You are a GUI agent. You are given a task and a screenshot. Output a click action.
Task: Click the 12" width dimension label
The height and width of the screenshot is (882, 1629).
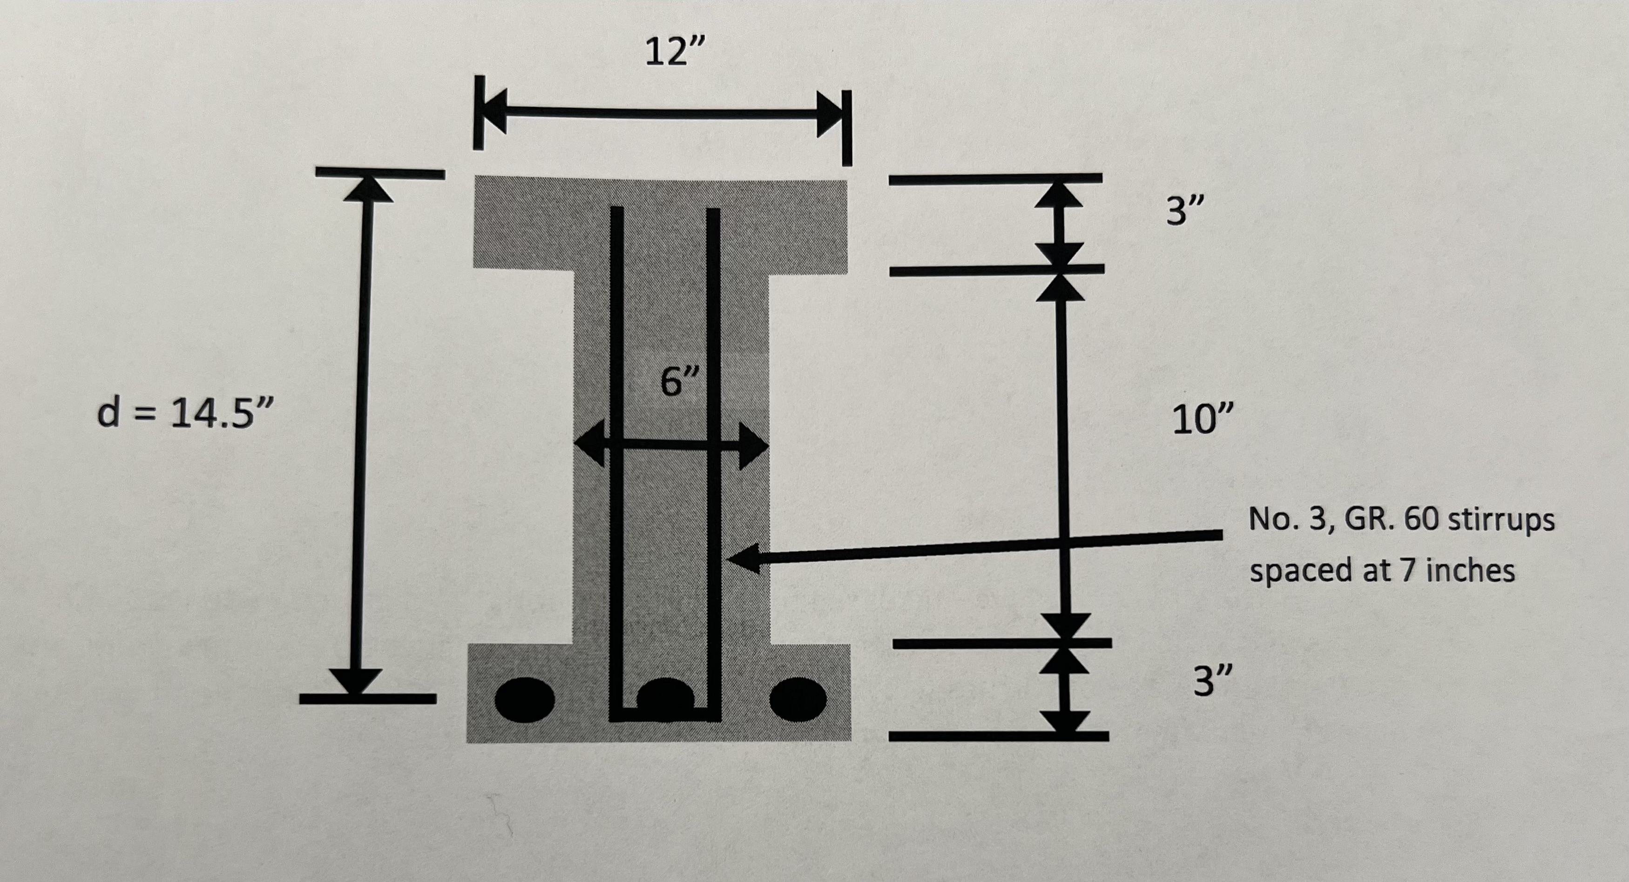pyautogui.click(x=674, y=52)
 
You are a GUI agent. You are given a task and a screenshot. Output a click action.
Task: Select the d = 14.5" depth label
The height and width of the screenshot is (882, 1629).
pyautogui.click(x=185, y=414)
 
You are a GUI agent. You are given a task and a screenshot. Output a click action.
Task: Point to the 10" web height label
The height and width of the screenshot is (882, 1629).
pyautogui.click(x=1202, y=419)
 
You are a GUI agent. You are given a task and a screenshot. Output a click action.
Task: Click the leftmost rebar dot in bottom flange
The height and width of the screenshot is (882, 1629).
pyautogui.click(x=524, y=700)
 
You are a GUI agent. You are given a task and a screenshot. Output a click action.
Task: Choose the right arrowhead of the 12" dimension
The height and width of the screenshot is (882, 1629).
pyautogui.click(x=830, y=114)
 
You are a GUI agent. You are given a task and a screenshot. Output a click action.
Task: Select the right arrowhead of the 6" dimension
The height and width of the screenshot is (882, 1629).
pyautogui.click(x=754, y=446)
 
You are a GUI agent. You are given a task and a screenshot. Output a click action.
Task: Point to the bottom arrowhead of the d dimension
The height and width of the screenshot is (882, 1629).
pyautogui.click(x=356, y=681)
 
